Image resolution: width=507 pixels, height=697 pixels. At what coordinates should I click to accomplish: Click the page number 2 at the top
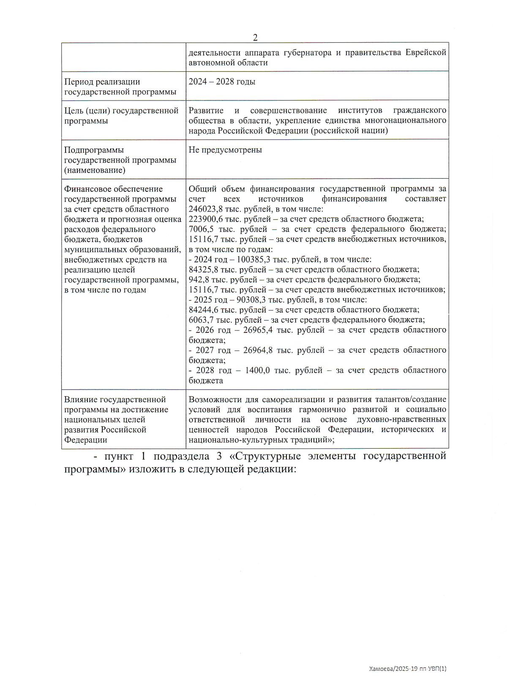pos(255,38)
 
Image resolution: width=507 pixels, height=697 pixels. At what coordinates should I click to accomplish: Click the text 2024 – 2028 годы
pos(222,82)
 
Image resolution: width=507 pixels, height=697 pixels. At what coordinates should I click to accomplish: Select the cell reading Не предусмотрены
pos(225,150)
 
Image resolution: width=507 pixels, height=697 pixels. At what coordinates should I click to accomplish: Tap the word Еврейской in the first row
pos(426,53)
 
